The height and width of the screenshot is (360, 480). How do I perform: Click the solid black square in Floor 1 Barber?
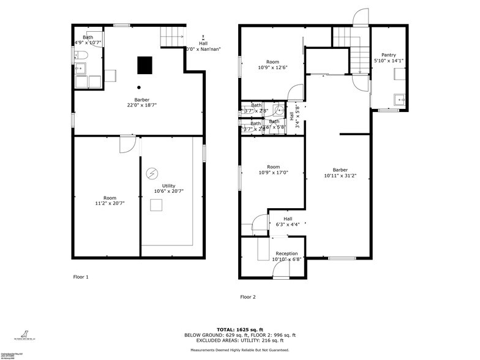tap(144, 64)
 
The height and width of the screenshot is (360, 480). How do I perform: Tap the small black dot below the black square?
tap(139, 87)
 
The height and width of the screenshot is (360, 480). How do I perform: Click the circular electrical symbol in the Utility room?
tap(151, 174)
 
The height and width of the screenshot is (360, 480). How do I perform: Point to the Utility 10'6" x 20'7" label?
tap(168, 188)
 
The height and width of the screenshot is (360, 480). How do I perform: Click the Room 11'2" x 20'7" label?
tap(110, 200)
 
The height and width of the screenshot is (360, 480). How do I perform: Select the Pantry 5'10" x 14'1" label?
tap(388, 58)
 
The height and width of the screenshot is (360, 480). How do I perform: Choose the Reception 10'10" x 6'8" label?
tap(287, 256)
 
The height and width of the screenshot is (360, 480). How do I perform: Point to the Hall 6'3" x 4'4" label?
tap(288, 222)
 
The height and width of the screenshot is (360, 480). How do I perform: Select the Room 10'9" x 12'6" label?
tap(272, 64)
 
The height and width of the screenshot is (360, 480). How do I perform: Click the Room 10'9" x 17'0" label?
tap(272, 170)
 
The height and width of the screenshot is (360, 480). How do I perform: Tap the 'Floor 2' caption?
tap(248, 297)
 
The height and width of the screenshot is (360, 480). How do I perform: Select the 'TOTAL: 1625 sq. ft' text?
tap(239, 330)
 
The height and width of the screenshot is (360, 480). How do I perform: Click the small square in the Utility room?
tap(156, 206)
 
